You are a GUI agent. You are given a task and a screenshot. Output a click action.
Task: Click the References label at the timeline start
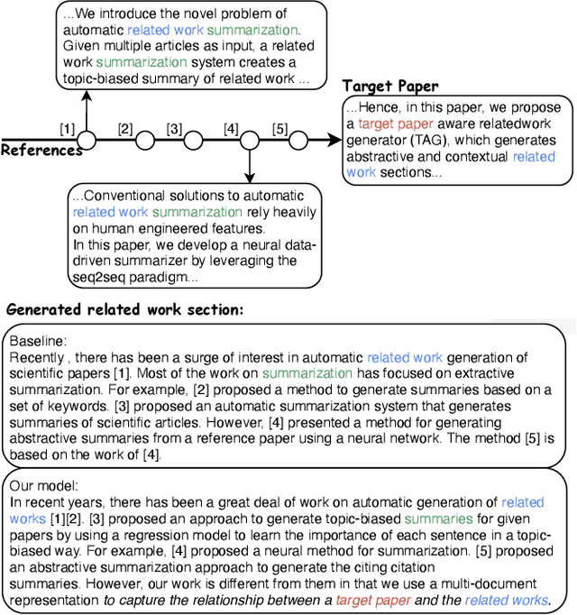(41, 151)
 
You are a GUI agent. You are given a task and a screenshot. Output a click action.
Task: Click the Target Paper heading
(390, 87)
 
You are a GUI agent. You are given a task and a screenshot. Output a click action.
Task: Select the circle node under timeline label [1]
(87, 140)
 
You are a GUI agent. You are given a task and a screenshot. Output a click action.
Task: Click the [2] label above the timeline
(124, 128)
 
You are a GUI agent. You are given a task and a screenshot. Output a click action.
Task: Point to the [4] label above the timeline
(231, 128)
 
